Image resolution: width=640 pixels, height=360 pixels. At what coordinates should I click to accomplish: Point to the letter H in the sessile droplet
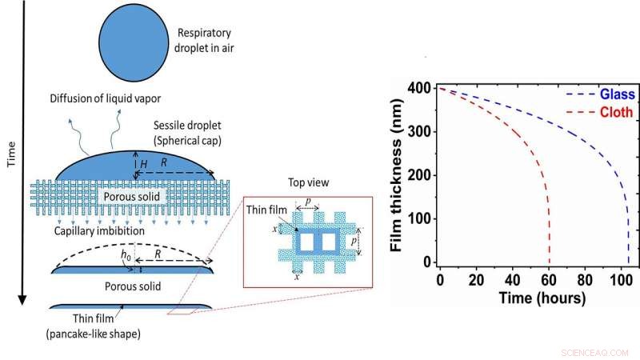144,162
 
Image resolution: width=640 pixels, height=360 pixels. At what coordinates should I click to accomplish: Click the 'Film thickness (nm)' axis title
395,174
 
